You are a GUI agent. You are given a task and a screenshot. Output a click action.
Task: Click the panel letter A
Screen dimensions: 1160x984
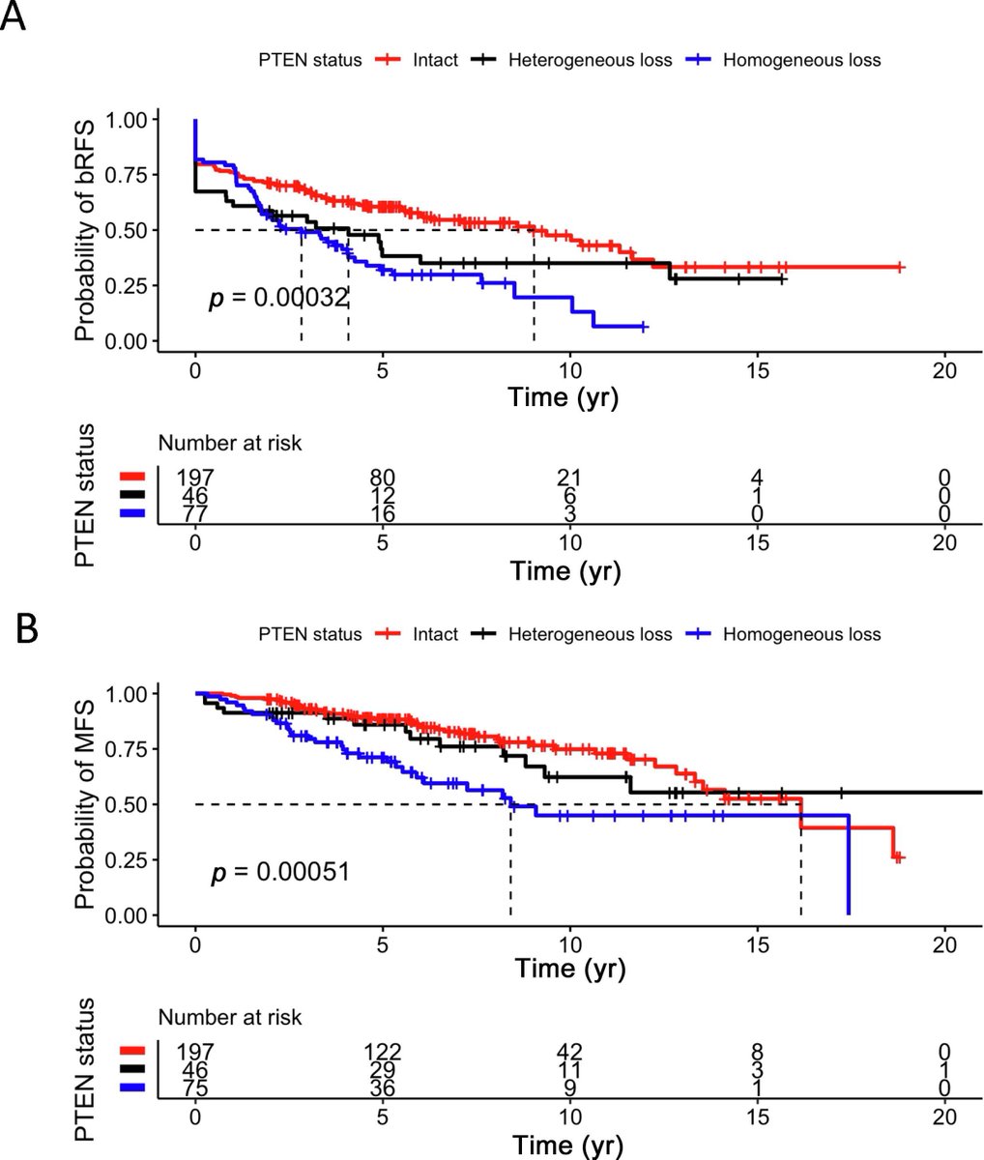(14, 20)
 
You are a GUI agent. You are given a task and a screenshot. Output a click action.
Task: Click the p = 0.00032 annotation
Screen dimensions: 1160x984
(277, 299)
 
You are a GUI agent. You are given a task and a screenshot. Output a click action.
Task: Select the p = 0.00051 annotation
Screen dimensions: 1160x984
(279, 873)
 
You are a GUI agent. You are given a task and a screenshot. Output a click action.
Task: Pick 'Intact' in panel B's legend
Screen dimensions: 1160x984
(435, 634)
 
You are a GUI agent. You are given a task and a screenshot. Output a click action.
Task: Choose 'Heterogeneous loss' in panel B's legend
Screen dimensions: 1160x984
(601, 634)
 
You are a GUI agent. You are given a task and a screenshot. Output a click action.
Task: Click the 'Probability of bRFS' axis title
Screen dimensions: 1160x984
(85, 228)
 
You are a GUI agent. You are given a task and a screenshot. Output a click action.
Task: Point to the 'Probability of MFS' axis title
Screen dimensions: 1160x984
(85, 803)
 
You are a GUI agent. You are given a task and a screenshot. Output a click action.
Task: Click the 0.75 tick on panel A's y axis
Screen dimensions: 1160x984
(133, 174)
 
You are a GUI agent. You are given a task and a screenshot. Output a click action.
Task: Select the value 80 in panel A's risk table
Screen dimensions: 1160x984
(383, 477)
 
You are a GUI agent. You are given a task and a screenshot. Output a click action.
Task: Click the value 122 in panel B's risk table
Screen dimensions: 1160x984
(383, 1051)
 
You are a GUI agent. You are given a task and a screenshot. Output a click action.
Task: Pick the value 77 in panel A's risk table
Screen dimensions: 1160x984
(195, 511)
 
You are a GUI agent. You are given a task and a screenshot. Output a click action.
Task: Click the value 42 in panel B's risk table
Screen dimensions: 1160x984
(570, 1051)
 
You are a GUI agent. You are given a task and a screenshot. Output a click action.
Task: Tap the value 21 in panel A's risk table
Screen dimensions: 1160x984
(570, 477)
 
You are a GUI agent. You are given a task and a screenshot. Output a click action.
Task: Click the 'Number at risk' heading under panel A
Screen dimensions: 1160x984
(230, 444)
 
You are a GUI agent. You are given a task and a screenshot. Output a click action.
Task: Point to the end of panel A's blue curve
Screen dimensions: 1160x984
(644, 328)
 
